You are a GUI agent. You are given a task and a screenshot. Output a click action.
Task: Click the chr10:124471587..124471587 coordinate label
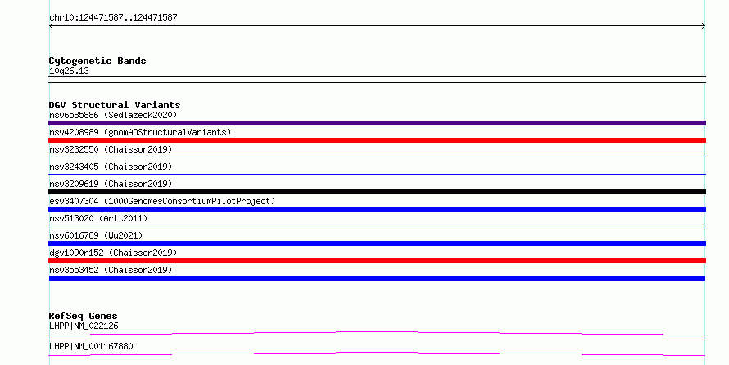[x=113, y=18]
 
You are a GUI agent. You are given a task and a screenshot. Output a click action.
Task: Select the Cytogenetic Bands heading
[x=97, y=61]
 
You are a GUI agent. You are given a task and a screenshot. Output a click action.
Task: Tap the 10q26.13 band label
[x=69, y=71]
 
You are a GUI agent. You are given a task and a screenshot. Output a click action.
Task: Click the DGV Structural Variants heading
[x=115, y=105]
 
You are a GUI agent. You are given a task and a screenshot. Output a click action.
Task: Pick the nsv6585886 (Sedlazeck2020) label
[x=113, y=115]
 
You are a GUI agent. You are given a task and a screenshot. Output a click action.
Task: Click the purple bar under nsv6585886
[x=377, y=123]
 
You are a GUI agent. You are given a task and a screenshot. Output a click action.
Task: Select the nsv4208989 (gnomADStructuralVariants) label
[x=140, y=132]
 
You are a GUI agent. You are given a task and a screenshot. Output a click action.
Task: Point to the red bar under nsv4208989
[x=377, y=140]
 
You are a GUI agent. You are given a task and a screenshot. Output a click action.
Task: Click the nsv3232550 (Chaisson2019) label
[x=111, y=149]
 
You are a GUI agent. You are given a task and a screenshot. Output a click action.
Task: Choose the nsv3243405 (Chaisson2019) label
[x=111, y=167]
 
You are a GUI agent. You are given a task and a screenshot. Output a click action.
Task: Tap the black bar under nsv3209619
[x=377, y=192]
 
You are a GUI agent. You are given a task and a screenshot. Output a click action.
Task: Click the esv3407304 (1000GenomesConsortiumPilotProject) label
[x=162, y=201]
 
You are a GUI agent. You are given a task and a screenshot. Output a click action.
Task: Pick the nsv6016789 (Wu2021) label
[x=96, y=235]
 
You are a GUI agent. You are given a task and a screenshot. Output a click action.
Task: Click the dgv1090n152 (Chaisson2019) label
[x=113, y=253]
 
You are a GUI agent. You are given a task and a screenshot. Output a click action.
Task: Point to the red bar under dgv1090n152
[x=377, y=261]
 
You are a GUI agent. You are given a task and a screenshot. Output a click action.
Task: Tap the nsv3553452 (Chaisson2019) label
[x=111, y=270]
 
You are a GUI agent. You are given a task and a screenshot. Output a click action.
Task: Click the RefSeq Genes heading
[x=84, y=316]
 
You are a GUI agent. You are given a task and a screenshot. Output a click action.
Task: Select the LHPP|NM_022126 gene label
[x=84, y=326]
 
